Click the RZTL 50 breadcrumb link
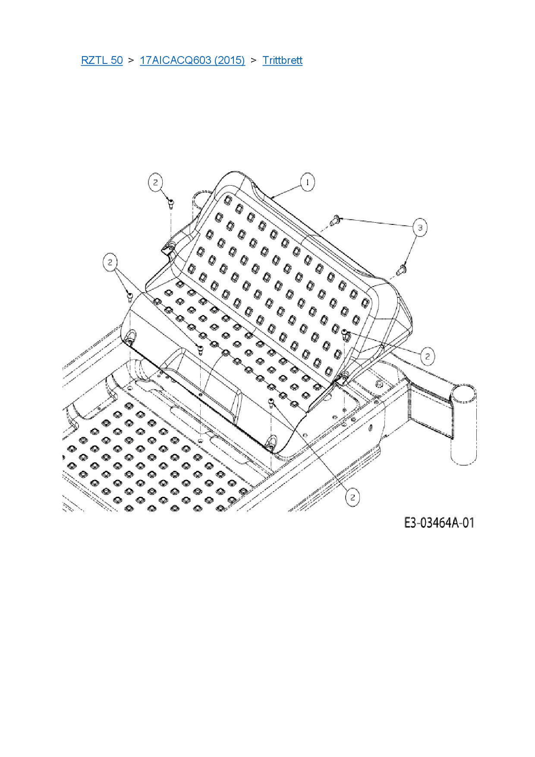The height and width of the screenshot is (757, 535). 102,60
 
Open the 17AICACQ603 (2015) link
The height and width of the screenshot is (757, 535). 192,60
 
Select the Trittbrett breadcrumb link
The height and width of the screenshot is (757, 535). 282,60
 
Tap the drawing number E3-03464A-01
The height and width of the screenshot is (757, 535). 439,523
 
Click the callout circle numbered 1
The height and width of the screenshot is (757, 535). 307,183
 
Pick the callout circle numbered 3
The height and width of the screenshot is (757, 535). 420,227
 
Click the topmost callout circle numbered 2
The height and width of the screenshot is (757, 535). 156,183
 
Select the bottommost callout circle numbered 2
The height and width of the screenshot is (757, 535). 352,497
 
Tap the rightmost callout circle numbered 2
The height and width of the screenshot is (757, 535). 427,356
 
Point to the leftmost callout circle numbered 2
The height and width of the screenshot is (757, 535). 110,262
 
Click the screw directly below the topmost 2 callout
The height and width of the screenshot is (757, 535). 171,203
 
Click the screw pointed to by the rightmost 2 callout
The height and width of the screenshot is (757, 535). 345,333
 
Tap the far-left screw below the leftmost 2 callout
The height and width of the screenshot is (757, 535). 129,296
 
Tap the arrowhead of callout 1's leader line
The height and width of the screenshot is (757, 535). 272,197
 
